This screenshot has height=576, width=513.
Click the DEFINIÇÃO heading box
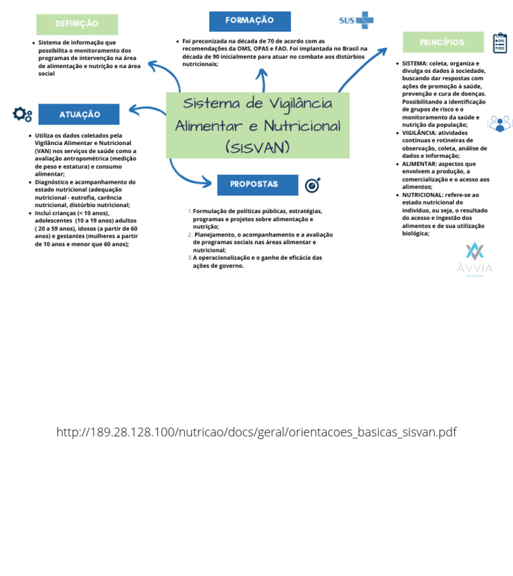click(x=77, y=24)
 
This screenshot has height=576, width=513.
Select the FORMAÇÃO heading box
click(x=250, y=21)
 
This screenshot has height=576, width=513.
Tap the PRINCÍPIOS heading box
click(x=443, y=42)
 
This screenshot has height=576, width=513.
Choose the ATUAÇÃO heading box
click(x=79, y=114)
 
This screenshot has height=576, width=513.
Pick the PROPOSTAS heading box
click(x=257, y=184)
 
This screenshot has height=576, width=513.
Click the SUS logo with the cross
click(x=356, y=20)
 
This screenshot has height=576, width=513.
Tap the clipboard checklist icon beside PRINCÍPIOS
click(x=500, y=43)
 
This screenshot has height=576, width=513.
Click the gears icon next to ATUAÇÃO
click(x=22, y=114)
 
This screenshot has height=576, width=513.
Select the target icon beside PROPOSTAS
click(x=313, y=185)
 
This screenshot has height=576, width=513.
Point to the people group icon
click(x=499, y=124)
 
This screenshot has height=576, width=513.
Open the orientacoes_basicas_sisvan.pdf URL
click(x=256, y=432)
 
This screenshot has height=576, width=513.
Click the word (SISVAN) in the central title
click(x=257, y=147)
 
